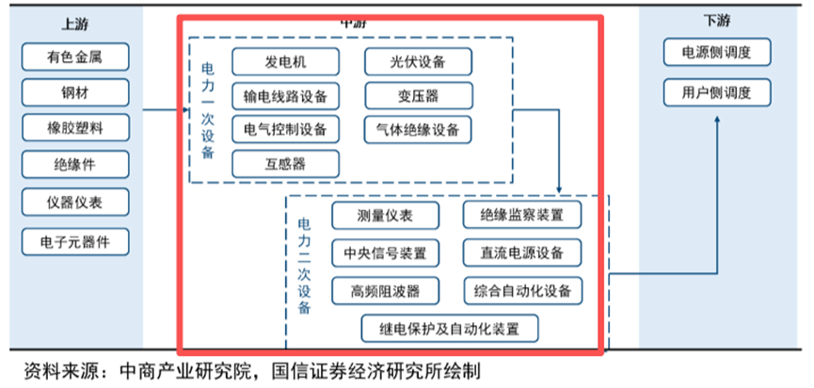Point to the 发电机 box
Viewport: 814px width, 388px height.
tap(284, 63)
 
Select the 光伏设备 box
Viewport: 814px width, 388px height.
tap(418, 63)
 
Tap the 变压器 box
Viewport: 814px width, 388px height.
tap(418, 96)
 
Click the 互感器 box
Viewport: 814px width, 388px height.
tap(284, 163)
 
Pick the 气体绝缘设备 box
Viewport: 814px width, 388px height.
tap(418, 129)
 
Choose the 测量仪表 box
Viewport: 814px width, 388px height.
tap(372, 216)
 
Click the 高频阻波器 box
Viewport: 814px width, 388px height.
tap(372, 289)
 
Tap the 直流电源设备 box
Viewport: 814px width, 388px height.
tap(521, 252)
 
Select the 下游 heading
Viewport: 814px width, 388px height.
tap(716, 19)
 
